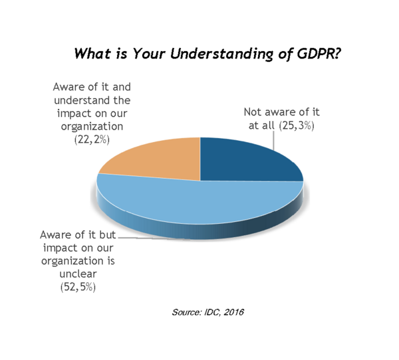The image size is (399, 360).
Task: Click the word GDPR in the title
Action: [319, 54]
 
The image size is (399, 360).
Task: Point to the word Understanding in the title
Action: [221, 54]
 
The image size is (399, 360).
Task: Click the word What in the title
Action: [93, 54]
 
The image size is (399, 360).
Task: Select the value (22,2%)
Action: [92, 139]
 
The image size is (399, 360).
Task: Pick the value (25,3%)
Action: [297, 126]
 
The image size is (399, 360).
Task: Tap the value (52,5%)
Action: [78, 287]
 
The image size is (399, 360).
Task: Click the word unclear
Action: [78, 274]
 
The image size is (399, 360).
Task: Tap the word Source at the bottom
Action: [187, 312]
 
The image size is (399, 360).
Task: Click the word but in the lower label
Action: [107, 234]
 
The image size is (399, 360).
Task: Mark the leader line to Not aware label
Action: [274, 140]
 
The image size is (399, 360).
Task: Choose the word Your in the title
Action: [149, 54]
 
